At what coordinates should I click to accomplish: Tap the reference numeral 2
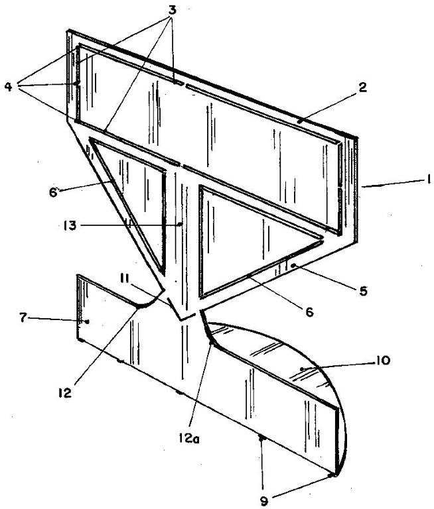pos(362,87)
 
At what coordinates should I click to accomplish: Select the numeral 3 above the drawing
pos(172,10)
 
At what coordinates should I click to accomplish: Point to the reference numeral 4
pos(9,86)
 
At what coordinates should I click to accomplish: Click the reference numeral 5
pos(363,290)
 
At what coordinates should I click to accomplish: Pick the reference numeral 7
pos(23,318)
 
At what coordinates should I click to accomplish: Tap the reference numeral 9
pos(264,502)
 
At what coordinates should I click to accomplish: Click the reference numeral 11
pos(125,278)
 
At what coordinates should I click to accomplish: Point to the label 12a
pos(189,439)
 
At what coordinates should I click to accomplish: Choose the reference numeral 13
pos(70,225)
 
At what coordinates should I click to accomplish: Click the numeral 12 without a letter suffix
pos(64,393)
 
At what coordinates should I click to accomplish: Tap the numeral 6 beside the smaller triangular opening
pos(53,192)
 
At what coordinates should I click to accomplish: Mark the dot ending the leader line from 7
pos(87,321)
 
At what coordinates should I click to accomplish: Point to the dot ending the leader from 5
pos(293,266)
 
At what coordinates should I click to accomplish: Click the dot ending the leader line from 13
pos(181,224)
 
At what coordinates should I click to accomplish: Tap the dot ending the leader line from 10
pos(302,368)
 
